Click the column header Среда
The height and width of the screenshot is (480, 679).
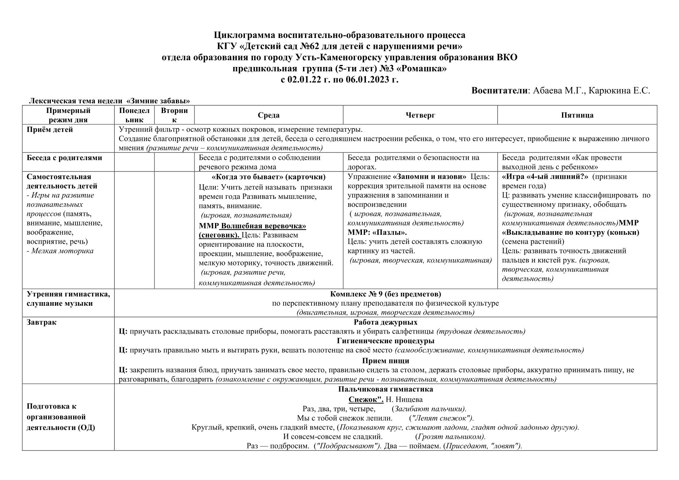click(268, 115)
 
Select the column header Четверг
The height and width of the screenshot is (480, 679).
click(420, 115)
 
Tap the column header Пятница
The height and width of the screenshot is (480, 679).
click(577, 115)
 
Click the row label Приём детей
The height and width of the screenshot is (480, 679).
click(50, 129)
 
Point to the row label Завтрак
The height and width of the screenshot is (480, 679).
click(42, 322)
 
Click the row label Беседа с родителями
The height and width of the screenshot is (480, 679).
click(64, 158)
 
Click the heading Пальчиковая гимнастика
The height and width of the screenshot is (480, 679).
click(385, 389)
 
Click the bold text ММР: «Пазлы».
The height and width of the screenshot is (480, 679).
click(377, 232)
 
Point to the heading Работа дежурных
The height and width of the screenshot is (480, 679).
click(385, 322)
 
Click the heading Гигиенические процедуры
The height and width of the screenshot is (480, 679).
click(385, 341)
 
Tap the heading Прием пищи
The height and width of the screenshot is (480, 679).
click(385, 361)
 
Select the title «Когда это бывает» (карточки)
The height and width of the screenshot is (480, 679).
click(268, 177)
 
